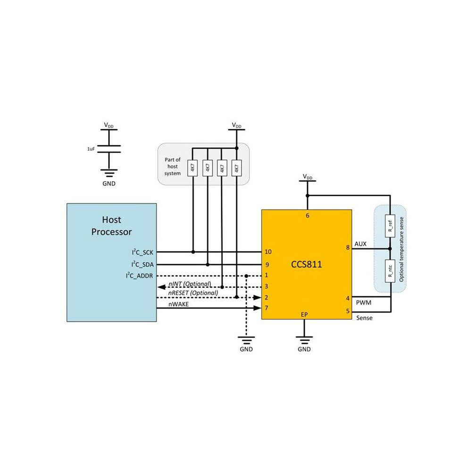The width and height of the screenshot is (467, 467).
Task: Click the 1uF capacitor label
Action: click(x=91, y=149)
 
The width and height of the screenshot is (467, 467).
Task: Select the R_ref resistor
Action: click(x=390, y=226)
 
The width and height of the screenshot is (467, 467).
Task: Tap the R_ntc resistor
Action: click(x=390, y=271)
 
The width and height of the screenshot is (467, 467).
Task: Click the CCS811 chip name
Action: click(x=307, y=265)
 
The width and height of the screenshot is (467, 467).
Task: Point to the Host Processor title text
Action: click(x=111, y=226)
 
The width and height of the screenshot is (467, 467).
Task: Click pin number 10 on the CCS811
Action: click(x=268, y=252)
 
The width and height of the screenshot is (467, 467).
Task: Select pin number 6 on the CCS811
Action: click(x=308, y=215)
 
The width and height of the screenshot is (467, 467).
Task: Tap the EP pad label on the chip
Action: click(x=304, y=315)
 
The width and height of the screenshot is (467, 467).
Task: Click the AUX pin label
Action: click(x=360, y=244)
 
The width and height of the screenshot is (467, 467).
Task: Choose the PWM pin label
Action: click(x=364, y=302)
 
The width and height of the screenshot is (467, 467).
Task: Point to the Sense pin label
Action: click(x=364, y=318)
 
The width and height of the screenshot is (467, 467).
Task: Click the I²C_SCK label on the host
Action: click(x=142, y=252)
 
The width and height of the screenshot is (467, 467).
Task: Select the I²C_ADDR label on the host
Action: click(x=139, y=275)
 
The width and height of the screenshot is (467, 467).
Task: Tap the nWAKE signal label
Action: click(x=178, y=304)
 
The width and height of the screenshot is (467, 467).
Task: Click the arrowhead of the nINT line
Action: click(x=161, y=287)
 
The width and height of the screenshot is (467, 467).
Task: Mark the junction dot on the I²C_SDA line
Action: click(x=208, y=265)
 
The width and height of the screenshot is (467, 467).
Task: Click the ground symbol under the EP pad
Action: click(x=304, y=340)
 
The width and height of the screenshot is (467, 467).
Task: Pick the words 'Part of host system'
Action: click(x=173, y=167)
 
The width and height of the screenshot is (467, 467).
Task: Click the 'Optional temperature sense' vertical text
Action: click(x=401, y=249)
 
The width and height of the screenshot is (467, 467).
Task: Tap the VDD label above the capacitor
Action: click(x=108, y=125)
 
